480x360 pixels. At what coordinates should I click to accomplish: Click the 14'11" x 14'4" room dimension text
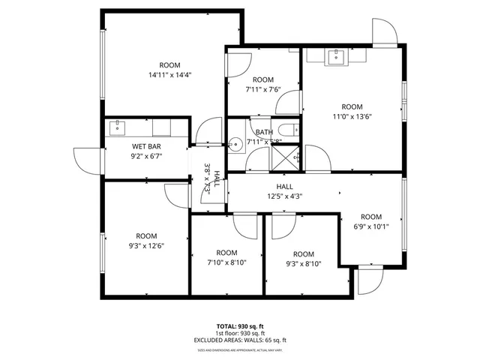pyautogui.click(x=170, y=74)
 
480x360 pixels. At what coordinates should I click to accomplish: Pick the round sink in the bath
pyautogui.click(x=235, y=144)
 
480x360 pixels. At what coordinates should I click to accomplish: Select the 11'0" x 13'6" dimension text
pyautogui.click(x=352, y=116)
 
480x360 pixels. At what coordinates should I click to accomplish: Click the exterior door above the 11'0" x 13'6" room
pyautogui.click(x=385, y=32)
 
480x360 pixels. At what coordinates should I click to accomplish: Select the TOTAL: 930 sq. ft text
pyautogui.click(x=240, y=326)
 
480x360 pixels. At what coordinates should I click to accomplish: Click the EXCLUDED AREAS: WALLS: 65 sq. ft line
pyautogui.click(x=240, y=340)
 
